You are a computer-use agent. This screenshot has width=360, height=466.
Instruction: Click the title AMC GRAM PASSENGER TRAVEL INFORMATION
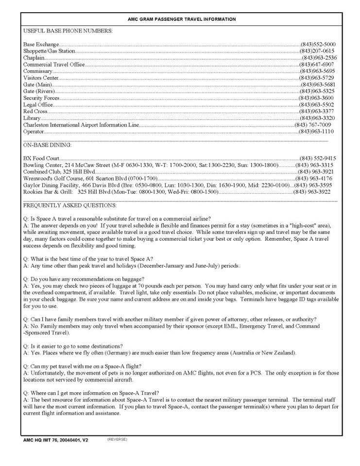click(x=182, y=19)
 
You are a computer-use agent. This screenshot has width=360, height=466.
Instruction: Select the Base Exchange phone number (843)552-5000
click(x=318, y=44)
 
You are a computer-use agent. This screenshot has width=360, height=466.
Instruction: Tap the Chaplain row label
click(x=34, y=58)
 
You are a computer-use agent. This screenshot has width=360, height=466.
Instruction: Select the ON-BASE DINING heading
click(x=47, y=145)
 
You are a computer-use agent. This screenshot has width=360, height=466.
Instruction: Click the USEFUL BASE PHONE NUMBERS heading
click(x=68, y=31)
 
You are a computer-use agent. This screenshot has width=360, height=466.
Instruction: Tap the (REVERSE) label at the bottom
click(x=117, y=439)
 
